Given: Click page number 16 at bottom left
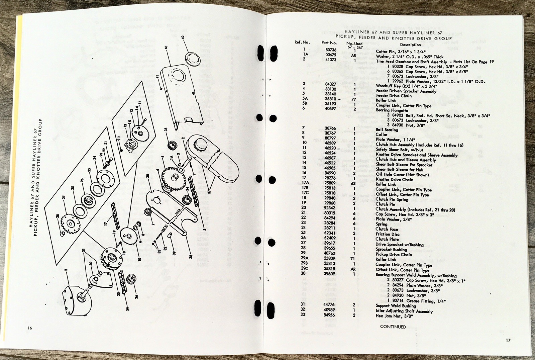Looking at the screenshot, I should tap(30, 328).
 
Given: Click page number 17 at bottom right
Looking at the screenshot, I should tap(508, 340).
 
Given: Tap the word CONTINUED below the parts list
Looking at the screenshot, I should tap(393, 327).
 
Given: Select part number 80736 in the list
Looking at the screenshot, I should tap(331, 50).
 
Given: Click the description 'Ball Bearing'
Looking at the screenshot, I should tap(387, 130).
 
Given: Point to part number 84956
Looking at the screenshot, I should tap(329, 315).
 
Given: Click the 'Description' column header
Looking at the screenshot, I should tap(410, 44).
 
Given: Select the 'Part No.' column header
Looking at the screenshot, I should tap(329, 42).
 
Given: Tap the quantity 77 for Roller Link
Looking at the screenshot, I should tap(353, 100).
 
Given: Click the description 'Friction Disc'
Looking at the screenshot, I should tap(387, 234).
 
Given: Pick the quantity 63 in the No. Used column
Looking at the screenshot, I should tap(353, 183).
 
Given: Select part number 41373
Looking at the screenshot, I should tap(330, 60).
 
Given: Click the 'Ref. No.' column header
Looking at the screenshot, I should tap(302, 42).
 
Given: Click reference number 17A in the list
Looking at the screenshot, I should tap(305, 183).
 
